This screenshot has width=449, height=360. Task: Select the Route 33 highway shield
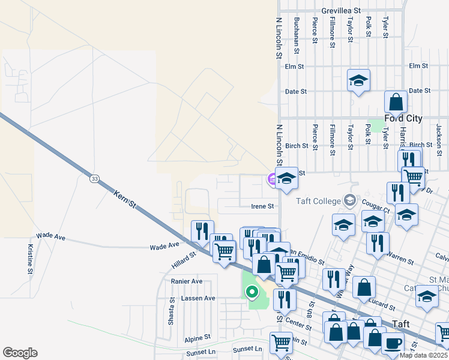coord(94,178)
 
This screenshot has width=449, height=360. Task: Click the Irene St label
coord(262,206)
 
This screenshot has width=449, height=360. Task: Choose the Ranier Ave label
coord(187,281)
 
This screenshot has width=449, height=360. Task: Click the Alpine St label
coord(197,338)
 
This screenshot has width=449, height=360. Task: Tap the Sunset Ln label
coord(200,352)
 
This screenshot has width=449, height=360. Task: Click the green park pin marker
coord(252,292)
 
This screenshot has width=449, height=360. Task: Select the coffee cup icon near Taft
coord(393,344)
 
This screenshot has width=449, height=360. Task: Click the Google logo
coord(20,352)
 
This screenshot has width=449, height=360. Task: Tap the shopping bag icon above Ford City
coord(396,102)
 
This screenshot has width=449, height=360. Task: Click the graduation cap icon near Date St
coord(358,80)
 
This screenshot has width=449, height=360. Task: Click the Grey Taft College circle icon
coord(351,200)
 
